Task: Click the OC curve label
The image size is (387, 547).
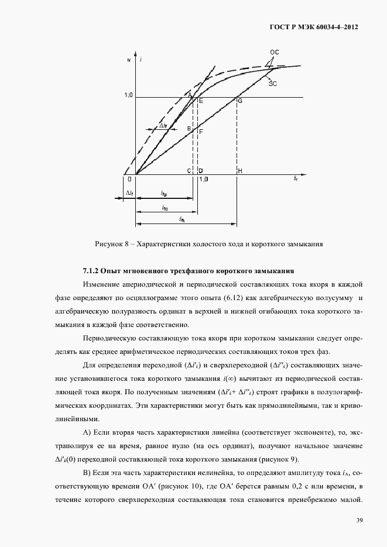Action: [274, 52]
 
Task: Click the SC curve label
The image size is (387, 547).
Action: [272, 84]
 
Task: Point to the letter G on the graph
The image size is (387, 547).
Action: [239, 101]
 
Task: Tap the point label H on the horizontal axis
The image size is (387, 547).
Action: [240, 171]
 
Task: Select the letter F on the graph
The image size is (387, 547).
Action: [201, 132]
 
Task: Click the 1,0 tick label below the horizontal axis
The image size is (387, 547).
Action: [203, 179]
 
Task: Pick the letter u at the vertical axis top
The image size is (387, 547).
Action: [128, 59]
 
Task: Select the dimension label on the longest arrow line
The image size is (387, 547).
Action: [183, 219]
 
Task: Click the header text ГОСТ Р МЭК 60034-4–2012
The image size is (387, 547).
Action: [313, 27]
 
